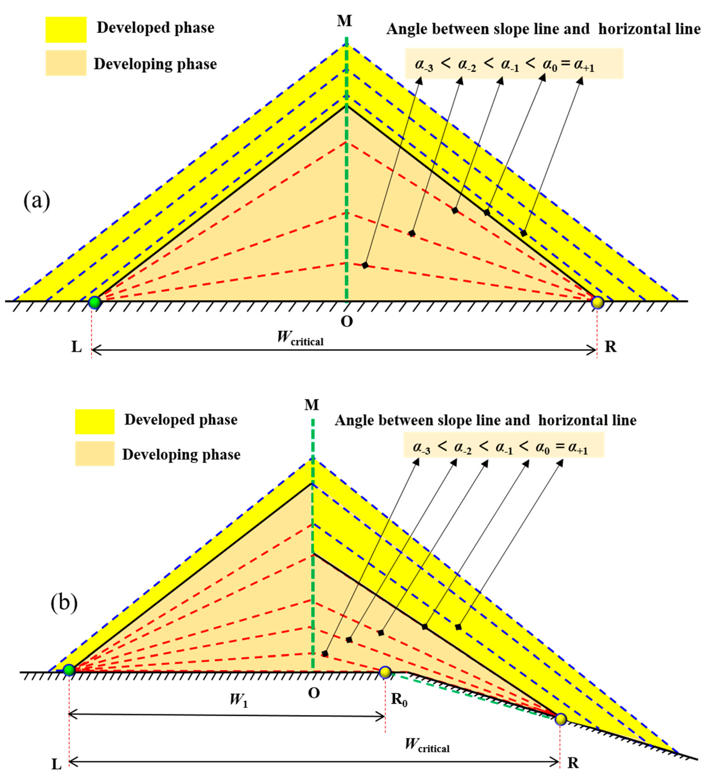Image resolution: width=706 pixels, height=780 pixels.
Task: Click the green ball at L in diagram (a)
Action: [x=94, y=303]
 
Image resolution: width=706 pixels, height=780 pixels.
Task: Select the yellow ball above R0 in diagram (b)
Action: [x=385, y=672]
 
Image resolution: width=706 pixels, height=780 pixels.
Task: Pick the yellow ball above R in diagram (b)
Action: [x=561, y=719]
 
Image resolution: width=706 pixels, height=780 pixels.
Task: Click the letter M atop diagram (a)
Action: [x=344, y=21]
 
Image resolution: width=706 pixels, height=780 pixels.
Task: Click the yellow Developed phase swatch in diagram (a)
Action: [x=66, y=29]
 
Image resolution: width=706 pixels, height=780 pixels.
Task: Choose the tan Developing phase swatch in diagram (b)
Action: [x=94, y=453]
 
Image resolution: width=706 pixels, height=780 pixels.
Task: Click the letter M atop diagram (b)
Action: [x=311, y=405]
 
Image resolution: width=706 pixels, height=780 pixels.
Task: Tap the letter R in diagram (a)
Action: [x=610, y=347]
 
